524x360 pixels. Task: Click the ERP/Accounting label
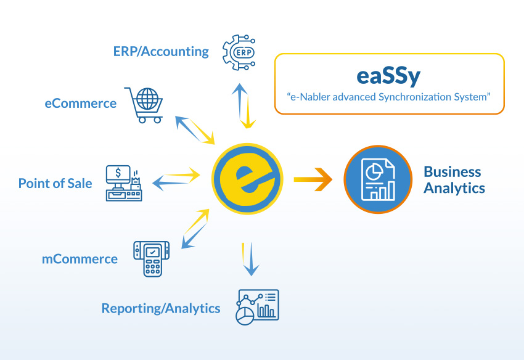(x=161, y=52)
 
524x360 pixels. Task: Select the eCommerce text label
(x=80, y=104)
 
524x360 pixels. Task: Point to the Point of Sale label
(x=55, y=183)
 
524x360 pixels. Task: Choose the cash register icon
(x=123, y=183)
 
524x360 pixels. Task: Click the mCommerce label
(x=80, y=259)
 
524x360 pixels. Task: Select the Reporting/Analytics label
(x=160, y=308)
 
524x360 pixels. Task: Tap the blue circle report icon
(x=377, y=179)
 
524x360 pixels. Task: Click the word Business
(x=452, y=171)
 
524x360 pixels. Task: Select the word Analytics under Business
(x=454, y=188)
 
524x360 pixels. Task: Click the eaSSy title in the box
(x=388, y=76)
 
